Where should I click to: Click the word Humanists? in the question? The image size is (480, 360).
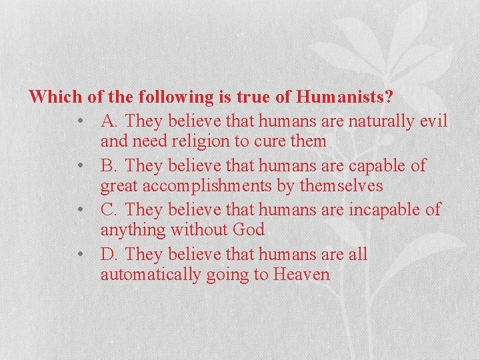click(x=345, y=97)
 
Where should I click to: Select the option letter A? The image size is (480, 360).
click(x=109, y=121)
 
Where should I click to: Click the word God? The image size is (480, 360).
click(x=248, y=230)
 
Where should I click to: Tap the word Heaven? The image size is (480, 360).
click(x=301, y=274)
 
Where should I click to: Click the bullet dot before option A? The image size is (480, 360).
click(x=80, y=122)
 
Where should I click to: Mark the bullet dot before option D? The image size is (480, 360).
click(x=80, y=255)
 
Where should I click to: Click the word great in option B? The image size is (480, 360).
click(x=121, y=186)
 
